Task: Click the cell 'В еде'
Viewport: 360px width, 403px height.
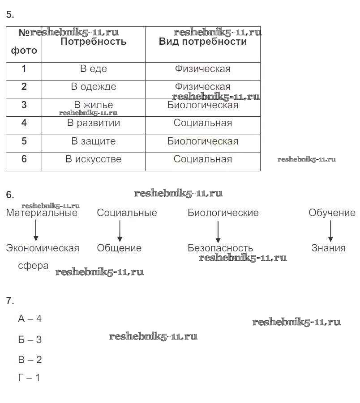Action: click(x=94, y=69)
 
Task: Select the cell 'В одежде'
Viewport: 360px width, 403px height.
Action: click(x=94, y=87)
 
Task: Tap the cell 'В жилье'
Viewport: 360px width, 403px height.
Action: click(x=94, y=106)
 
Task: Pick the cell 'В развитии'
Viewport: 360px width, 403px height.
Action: click(x=94, y=123)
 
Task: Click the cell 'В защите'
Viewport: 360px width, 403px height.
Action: click(x=94, y=141)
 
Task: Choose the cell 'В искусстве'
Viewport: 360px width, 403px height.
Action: click(x=94, y=159)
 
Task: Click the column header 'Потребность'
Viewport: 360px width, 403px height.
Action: click(x=94, y=42)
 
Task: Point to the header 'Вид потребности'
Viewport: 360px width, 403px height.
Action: click(x=203, y=42)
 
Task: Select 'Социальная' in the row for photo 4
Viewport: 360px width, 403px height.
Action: click(x=203, y=123)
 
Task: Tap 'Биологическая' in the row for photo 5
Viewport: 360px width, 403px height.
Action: click(x=203, y=141)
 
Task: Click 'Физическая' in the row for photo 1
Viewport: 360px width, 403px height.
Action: click(x=203, y=69)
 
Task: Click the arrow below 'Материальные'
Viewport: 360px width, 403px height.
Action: click(x=36, y=231)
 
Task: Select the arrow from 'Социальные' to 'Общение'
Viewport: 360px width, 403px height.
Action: click(x=120, y=231)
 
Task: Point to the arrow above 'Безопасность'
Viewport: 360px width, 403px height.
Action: click(x=218, y=232)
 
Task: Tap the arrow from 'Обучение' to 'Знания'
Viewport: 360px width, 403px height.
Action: click(x=330, y=231)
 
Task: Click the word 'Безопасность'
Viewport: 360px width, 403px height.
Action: click(x=220, y=248)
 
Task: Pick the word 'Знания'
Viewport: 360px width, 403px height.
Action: click(x=329, y=248)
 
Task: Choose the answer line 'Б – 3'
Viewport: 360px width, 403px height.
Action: click(x=30, y=340)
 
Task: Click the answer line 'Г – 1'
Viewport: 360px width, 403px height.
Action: click(x=29, y=378)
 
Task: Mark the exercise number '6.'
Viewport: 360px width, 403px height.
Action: click(x=10, y=195)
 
